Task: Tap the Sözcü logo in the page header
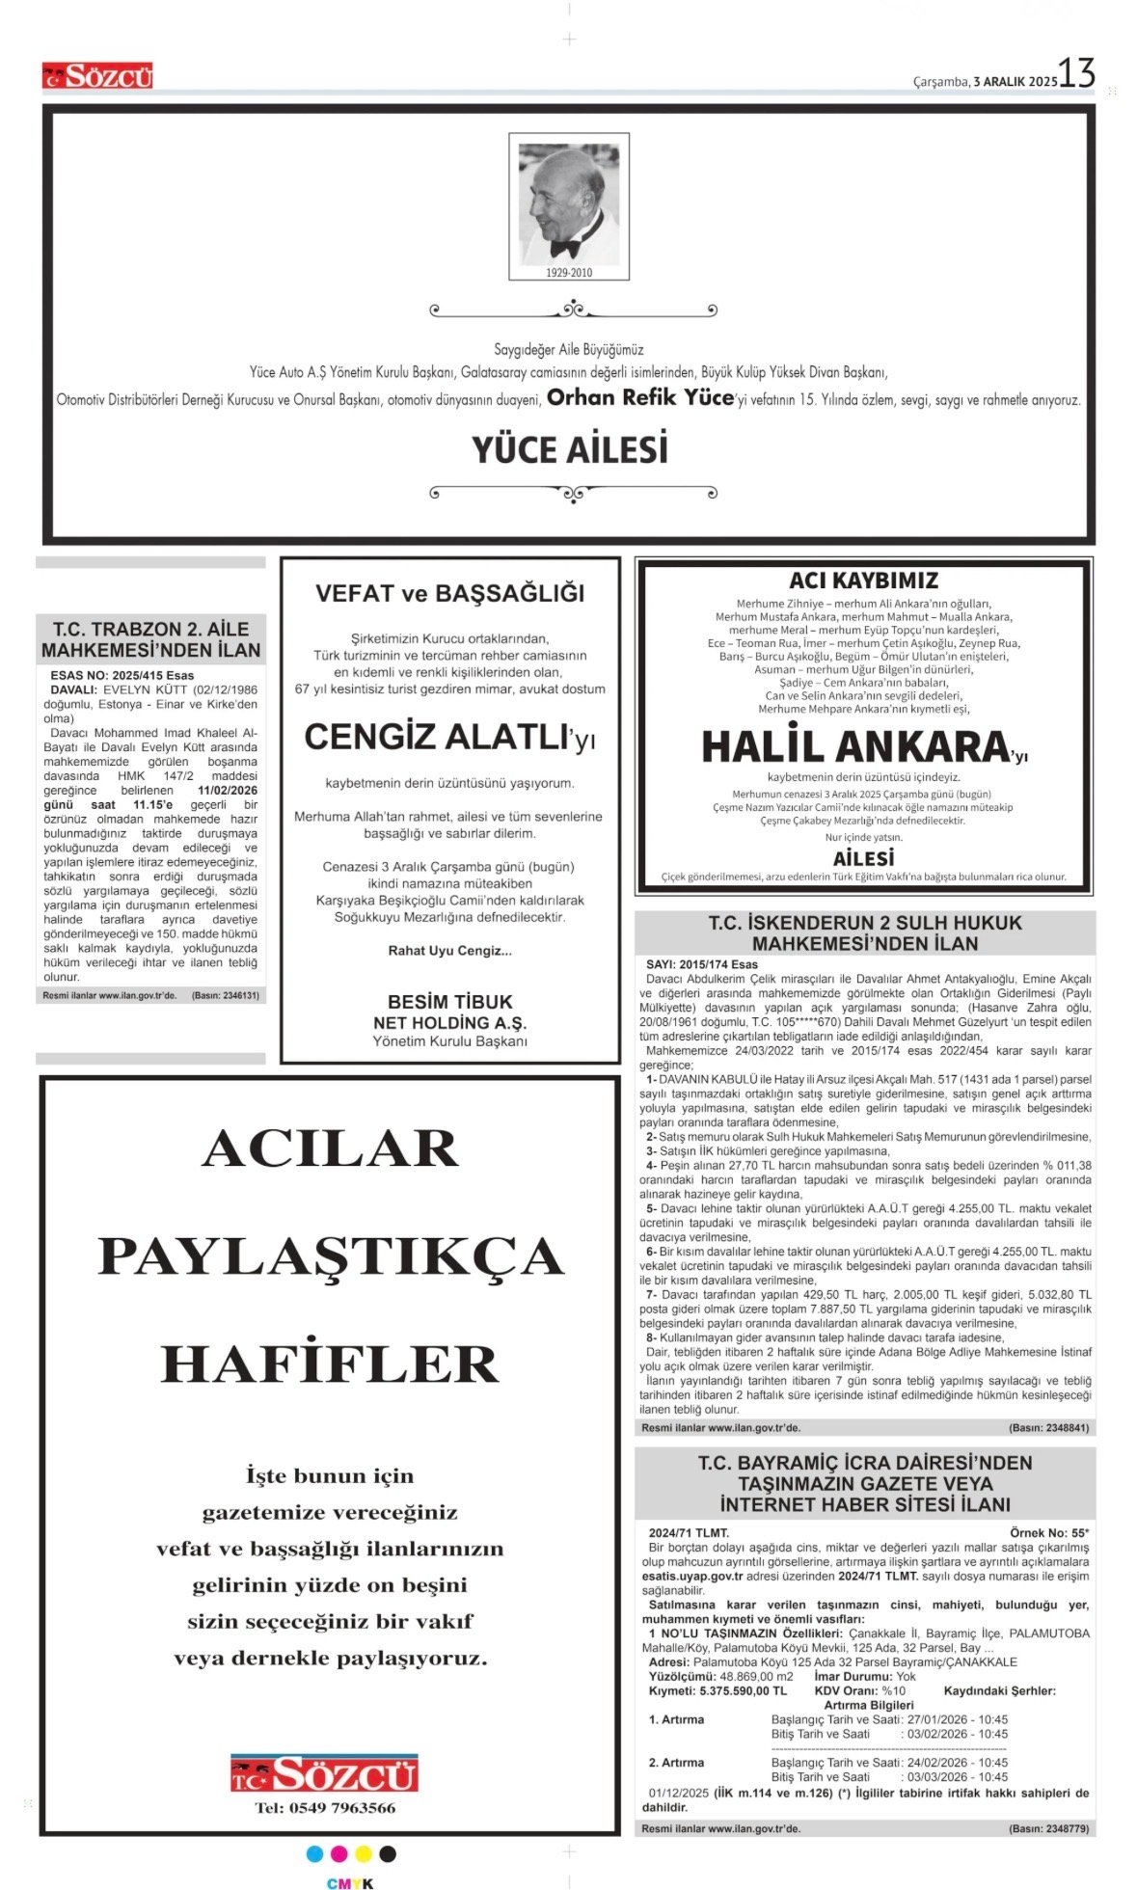coord(97,76)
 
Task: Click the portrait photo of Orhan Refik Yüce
coord(569,203)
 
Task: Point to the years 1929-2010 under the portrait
coord(569,273)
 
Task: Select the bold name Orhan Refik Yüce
coord(640,397)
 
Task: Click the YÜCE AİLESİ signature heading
coord(570,450)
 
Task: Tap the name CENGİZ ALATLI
coord(436,738)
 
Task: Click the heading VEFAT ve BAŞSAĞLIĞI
coord(450,593)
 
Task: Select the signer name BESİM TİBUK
coord(450,1002)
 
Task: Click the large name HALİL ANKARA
coord(854,747)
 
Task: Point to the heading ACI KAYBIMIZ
coord(863,580)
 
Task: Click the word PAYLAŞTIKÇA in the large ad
coord(331,1256)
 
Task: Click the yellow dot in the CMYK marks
coord(364,1854)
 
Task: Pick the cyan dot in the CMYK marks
coord(314,1854)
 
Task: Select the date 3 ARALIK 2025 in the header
coord(1015,82)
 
